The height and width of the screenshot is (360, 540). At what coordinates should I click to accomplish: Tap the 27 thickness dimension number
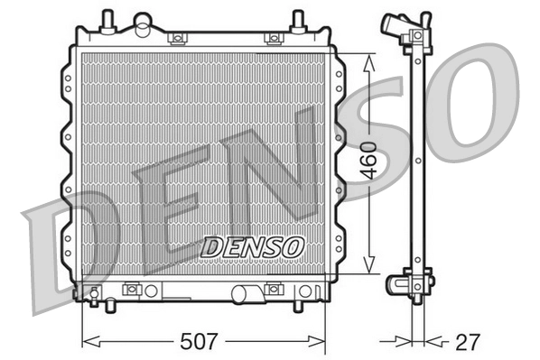[467, 342]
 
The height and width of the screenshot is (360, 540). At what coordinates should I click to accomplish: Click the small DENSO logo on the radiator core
[253, 245]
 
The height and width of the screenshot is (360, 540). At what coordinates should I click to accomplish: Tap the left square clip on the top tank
[178, 38]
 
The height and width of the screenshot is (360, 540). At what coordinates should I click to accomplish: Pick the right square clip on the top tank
[271, 38]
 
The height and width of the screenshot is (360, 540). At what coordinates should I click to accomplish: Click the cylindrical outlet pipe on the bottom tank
[245, 292]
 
